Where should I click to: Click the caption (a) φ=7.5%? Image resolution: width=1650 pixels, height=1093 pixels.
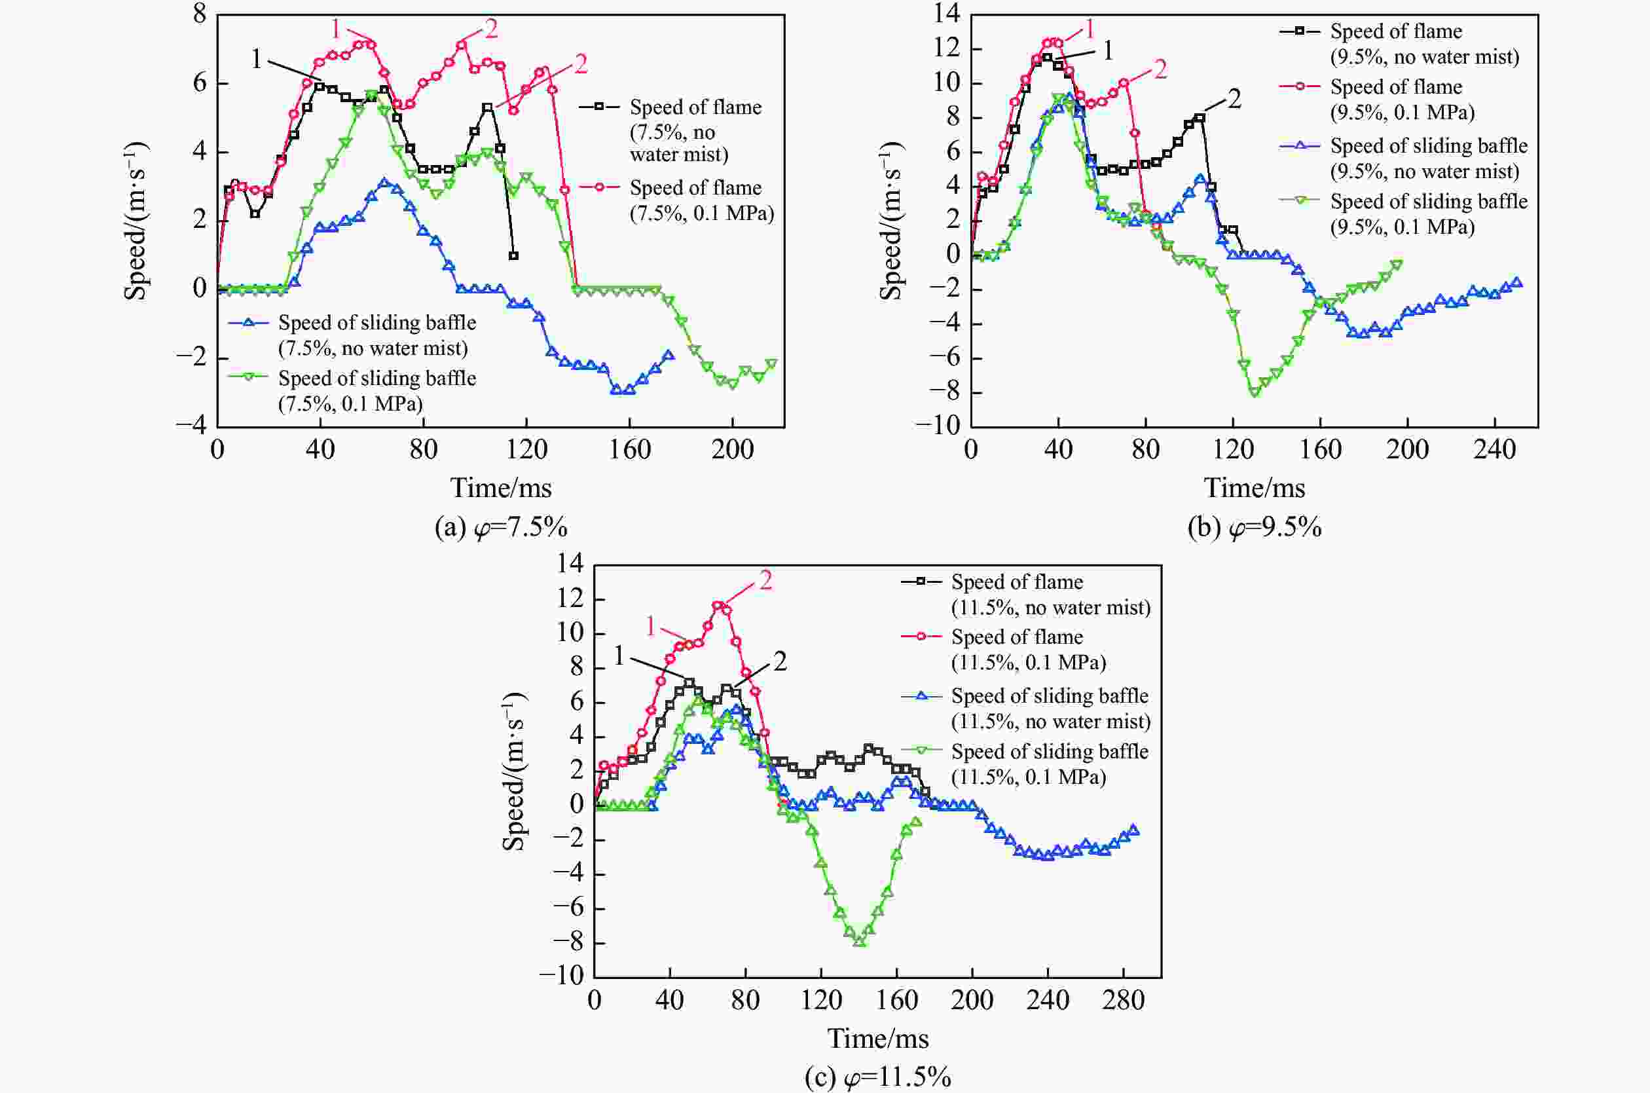[x=501, y=528]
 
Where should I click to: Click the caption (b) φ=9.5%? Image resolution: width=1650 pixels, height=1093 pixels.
[x=1255, y=528]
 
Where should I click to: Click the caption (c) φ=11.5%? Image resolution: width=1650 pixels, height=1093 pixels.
[x=877, y=1078]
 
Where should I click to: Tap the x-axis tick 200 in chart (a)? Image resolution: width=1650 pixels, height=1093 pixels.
[x=732, y=450]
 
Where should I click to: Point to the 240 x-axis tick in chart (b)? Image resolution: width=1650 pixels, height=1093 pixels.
[x=1495, y=450]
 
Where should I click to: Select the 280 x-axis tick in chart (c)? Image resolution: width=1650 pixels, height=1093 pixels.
[x=1123, y=1000]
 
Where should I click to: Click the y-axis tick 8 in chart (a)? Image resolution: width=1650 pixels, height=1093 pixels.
[x=200, y=14]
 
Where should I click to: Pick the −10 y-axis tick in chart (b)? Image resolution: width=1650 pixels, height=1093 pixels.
[x=938, y=426]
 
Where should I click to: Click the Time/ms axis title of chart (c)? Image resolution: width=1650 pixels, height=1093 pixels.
[x=878, y=1039]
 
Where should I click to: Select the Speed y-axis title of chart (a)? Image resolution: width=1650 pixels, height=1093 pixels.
[x=136, y=221]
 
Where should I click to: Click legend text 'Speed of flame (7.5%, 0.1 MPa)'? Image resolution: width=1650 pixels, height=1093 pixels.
[x=701, y=200]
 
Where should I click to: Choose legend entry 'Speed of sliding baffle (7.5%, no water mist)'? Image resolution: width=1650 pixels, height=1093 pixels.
[x=376, y=335]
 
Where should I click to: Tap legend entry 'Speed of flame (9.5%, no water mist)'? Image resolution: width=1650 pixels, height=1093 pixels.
[x=1423, y=44]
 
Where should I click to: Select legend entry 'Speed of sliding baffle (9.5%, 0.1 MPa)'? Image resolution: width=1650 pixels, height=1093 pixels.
[x=1429, y=214]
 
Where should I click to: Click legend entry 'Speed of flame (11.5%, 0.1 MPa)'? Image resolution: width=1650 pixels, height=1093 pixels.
[x=1028, y=649]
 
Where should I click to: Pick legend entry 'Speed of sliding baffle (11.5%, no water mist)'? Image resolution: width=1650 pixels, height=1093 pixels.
[x=1050, y=708]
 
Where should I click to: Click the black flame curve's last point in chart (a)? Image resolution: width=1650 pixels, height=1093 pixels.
[x=513, y=256]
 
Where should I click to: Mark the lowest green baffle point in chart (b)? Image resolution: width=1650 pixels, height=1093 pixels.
[x=1255, y=392]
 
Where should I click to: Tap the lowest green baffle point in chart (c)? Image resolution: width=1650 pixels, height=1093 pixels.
[x=859, y=942]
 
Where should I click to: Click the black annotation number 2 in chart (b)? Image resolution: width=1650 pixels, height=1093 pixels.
[x=1234, y=100]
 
